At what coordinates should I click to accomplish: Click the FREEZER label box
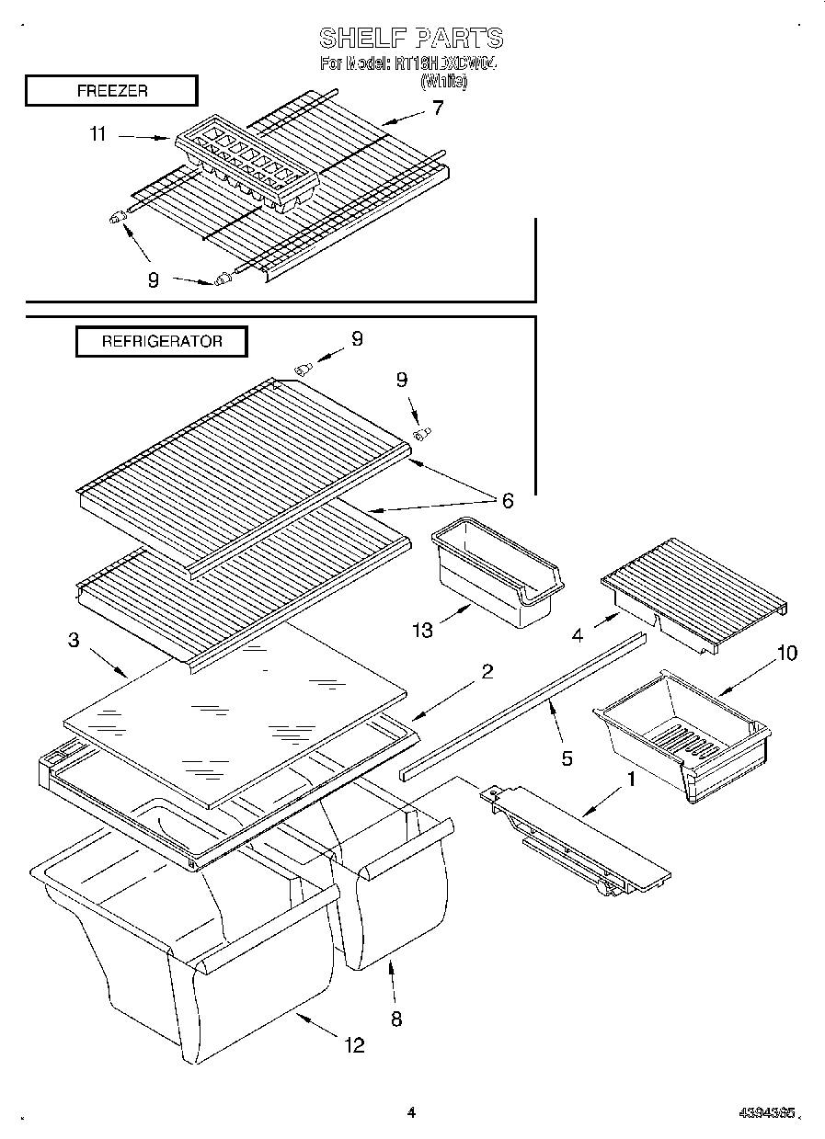tap(111, 91)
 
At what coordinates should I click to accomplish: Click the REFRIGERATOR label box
tap(162, 341)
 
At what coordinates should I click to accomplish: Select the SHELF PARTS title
tap(411, 38)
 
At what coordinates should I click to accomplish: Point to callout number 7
tap(438, 108)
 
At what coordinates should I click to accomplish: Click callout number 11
tap(97, 134)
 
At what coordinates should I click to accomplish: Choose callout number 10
tap(787, 654)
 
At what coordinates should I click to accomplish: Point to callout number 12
tap(353, 1044)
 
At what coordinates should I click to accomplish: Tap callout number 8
tap(396, 1018)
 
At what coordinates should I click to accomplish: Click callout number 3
tap(74, 640)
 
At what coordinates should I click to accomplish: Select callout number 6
tap(506, 500)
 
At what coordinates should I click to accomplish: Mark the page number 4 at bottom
tap(411, 1112)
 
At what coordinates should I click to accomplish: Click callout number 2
tap(487, 671)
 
